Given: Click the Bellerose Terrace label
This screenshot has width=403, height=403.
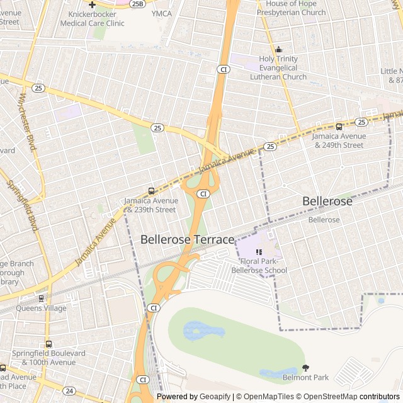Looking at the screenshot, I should (187, 239).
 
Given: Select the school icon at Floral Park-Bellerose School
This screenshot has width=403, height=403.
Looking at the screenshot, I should (259, 252).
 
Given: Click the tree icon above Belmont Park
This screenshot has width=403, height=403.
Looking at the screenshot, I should (306, 368).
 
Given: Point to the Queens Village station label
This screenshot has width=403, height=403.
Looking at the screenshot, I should (42, 309).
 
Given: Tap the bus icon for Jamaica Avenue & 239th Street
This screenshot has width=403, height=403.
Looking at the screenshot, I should (151, 191).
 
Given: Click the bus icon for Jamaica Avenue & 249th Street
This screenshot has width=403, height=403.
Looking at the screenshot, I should (339, 127).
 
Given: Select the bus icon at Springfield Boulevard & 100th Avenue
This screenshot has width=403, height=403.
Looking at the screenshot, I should (48, 344).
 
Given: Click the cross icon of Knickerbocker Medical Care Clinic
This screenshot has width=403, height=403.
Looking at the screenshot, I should (92, 4).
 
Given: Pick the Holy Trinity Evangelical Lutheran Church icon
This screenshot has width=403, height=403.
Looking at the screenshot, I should (278, 50).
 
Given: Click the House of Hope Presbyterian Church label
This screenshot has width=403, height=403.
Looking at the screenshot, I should (290, 8).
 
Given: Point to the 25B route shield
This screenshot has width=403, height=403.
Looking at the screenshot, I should (137, 4).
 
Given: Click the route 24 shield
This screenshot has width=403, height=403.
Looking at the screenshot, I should (69, 390).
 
